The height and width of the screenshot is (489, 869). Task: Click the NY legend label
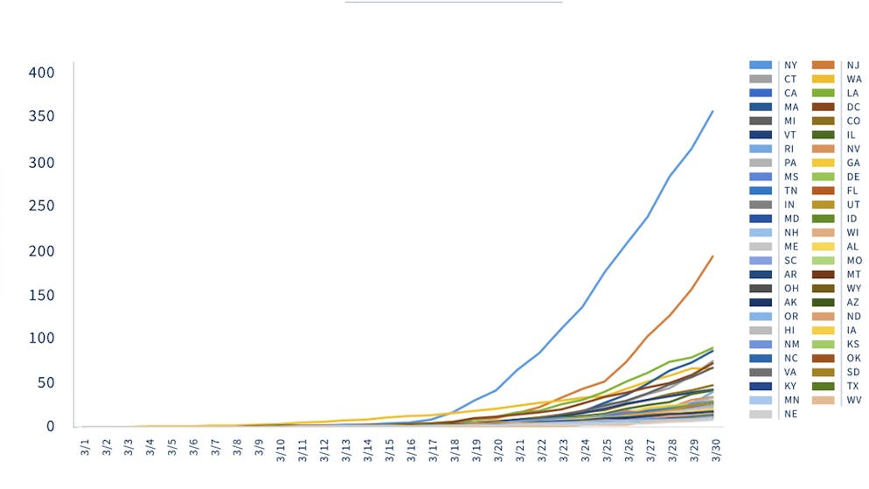790,66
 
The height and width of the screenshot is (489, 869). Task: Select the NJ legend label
852,66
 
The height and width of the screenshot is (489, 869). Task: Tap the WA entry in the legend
853,80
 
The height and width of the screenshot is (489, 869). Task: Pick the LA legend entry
852,94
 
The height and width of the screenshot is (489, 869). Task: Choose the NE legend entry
790,414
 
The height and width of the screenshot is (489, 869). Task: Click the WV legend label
853,400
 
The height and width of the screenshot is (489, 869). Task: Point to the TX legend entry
852,386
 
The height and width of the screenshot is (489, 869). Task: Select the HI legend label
790,330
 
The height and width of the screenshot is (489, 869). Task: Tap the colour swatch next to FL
824,191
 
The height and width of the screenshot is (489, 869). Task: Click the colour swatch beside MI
761,121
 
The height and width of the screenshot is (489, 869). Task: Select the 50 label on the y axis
46,383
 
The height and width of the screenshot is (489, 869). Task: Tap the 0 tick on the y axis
51,427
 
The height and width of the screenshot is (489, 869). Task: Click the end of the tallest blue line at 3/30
713,111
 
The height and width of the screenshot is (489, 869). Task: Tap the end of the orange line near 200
713,256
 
